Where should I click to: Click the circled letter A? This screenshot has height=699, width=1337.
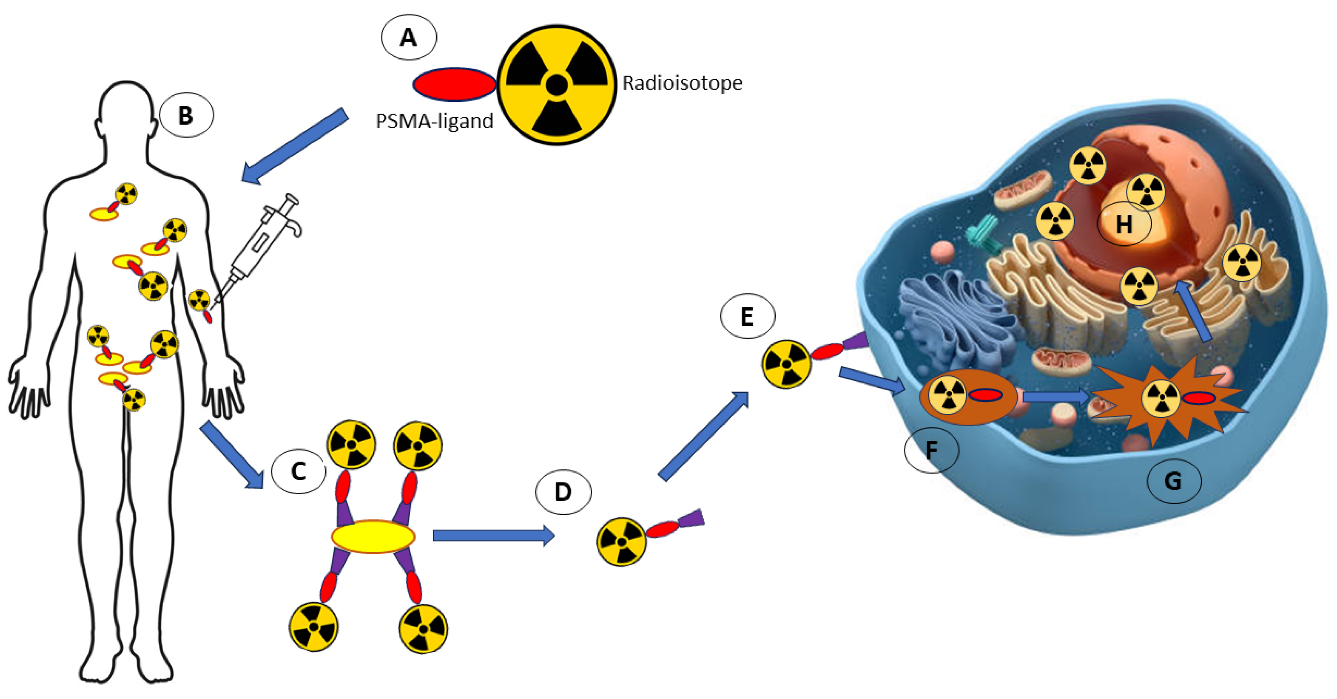tap(409, 37)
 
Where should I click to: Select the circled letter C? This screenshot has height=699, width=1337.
tap(298, 471)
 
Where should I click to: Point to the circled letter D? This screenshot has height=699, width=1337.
tap(563, 492)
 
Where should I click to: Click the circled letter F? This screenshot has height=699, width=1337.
tap(931, 450)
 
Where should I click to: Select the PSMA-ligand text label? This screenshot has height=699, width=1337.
tap(434, 121)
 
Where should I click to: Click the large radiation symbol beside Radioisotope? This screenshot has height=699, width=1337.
tap(557, 84)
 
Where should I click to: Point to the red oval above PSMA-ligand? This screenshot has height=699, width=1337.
tap(454, 84)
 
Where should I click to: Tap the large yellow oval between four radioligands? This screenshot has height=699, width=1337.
tap(373, 537)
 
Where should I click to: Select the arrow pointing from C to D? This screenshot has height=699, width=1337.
tap(493, 535)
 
